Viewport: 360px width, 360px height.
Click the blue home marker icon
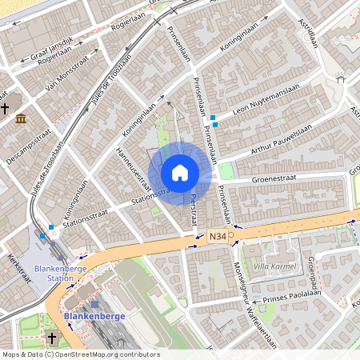[x=180, y=173]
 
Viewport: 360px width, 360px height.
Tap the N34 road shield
[x=218, y=236]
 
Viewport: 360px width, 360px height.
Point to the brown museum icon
[x=20, y=119]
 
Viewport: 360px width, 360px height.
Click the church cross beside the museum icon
[x=5, y=108]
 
